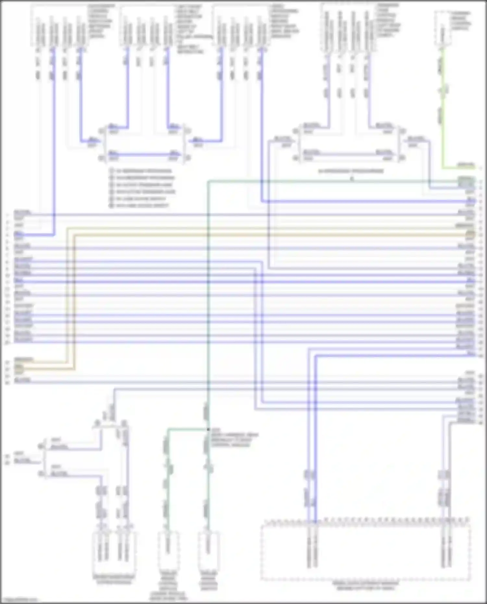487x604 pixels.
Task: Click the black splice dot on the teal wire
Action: coord(208,429)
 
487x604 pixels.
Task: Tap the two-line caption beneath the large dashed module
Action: coord(365,586)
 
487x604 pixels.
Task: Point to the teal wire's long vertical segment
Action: coord(208,292)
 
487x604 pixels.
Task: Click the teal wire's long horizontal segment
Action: coord(325,181)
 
